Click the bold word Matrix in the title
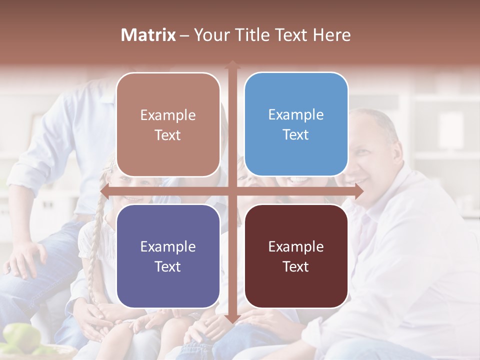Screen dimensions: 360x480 click(148, 35)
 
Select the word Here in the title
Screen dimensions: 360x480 click(332, 35)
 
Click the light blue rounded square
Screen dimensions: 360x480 click(296, 124)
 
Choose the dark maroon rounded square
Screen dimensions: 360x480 click(296, 256)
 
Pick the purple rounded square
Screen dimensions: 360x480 click(168, 256)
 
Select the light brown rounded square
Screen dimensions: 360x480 click(168, 124)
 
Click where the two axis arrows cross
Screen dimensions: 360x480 click(232, 191)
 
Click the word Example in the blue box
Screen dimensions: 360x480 click(296, 114)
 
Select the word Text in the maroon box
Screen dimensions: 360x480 click(296, 266)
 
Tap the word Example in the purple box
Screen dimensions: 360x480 click(168, 246)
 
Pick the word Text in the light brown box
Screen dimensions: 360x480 click(168, 135)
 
